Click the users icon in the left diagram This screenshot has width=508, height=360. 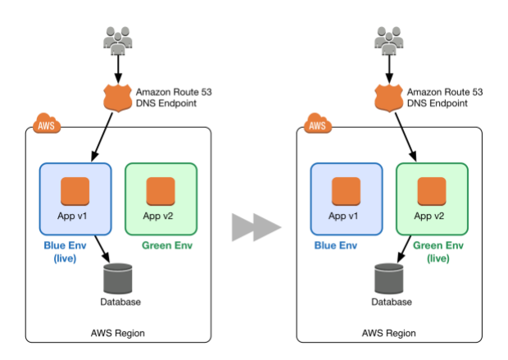coord(118,40)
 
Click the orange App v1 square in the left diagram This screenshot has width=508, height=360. coord(75,192)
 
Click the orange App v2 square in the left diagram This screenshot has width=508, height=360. coord(161,192)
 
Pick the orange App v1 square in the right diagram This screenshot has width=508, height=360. coord(346,192)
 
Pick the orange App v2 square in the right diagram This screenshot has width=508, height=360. coord(432,192)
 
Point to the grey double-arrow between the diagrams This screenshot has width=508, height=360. coord(255,227)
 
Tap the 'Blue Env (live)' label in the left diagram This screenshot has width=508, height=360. coord(75,252)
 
